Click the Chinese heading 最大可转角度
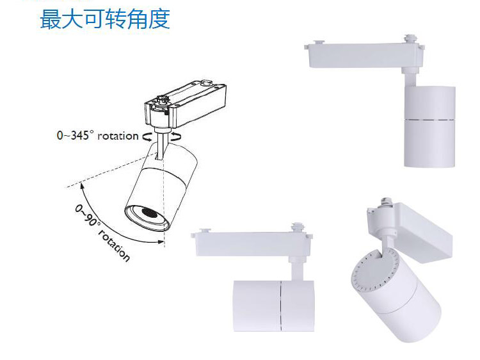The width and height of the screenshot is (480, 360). [105, 19]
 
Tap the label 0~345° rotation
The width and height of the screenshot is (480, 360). [97, 135]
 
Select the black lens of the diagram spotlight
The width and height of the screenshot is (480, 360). [147, 213]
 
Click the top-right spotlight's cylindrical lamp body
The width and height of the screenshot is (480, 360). [429, 127]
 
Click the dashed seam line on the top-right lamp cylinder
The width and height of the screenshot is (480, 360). [429, 119]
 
